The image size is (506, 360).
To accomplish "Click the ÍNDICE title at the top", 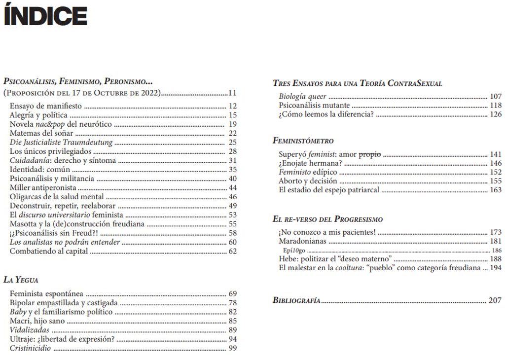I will pos(45,16).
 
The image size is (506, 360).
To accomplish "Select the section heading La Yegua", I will pos(21,280).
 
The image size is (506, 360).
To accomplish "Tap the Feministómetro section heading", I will pos(303,141).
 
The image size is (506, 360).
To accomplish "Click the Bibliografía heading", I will pos(296,300).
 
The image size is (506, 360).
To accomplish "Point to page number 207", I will pos(495,300).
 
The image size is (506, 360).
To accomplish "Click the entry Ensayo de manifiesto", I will pos(46,106).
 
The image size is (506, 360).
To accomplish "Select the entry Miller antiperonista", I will pos(43,187).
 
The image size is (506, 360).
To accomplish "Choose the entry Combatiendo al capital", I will pos(49,251).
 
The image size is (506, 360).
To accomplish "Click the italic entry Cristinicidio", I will pos(31,348).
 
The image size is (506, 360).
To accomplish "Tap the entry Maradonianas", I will pos(303,241).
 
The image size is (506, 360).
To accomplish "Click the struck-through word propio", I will pos(369,154).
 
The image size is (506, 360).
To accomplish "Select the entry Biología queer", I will pos(302,97).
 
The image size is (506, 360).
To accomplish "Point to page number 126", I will pos(496,114).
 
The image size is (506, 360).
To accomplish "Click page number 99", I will pos(233,348).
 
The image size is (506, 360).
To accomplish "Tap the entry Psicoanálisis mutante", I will pos(314,106).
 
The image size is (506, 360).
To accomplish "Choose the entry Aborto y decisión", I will pos(308,181).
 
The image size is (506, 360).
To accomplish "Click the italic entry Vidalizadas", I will pos(30,330).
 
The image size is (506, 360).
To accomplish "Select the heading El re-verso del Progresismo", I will pos(327,219).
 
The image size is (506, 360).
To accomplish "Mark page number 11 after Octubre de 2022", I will pos(233,93).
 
